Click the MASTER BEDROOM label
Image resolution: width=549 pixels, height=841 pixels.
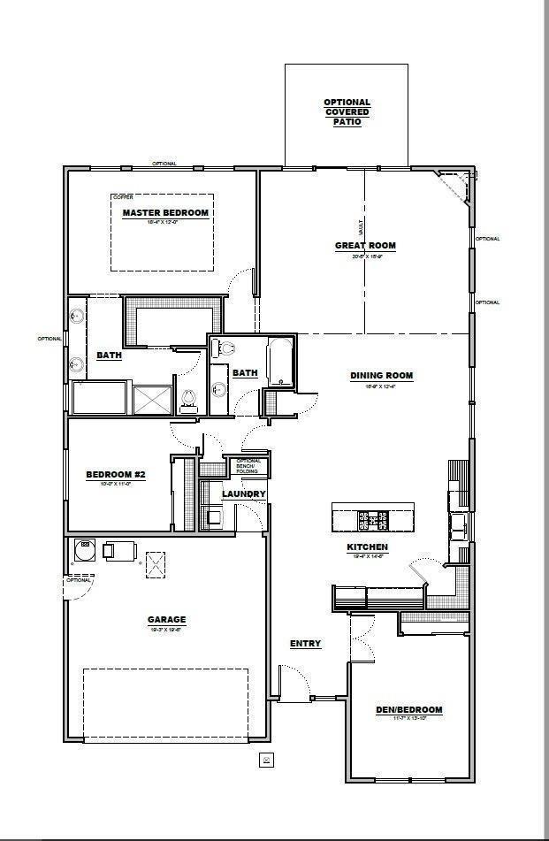(x=165, y=213)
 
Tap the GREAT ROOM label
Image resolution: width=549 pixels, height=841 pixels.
(x=364, y=246)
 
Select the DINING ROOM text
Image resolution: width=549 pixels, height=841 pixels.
(x=381, y=376)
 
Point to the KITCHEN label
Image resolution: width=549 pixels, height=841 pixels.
(x=367, y=547)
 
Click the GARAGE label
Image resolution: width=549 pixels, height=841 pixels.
(x=166, y=619)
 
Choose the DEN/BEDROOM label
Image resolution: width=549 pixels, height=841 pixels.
(x=408, y=709)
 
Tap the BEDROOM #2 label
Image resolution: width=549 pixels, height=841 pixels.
(x=115, y=475)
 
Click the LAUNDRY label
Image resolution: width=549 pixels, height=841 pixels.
(x=243, y=493)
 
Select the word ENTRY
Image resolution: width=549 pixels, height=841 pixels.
(x=305, y=644)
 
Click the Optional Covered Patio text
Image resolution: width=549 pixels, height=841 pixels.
(x=347, y=112)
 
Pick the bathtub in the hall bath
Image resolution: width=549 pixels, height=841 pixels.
(x=280, y=363)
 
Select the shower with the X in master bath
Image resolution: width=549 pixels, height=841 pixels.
(x=152, y=400)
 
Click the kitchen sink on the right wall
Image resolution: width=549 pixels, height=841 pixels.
(x=457, y=527)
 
